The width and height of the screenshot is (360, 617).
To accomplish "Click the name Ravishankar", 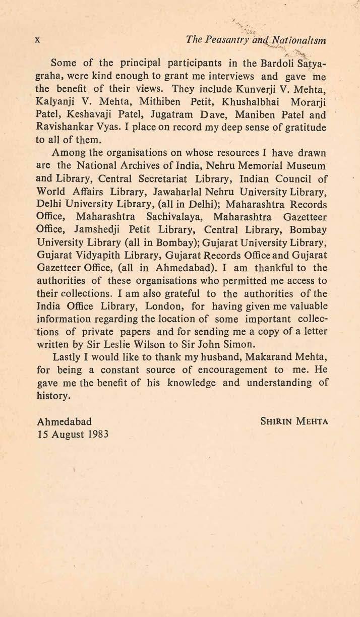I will tap(69, 135).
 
